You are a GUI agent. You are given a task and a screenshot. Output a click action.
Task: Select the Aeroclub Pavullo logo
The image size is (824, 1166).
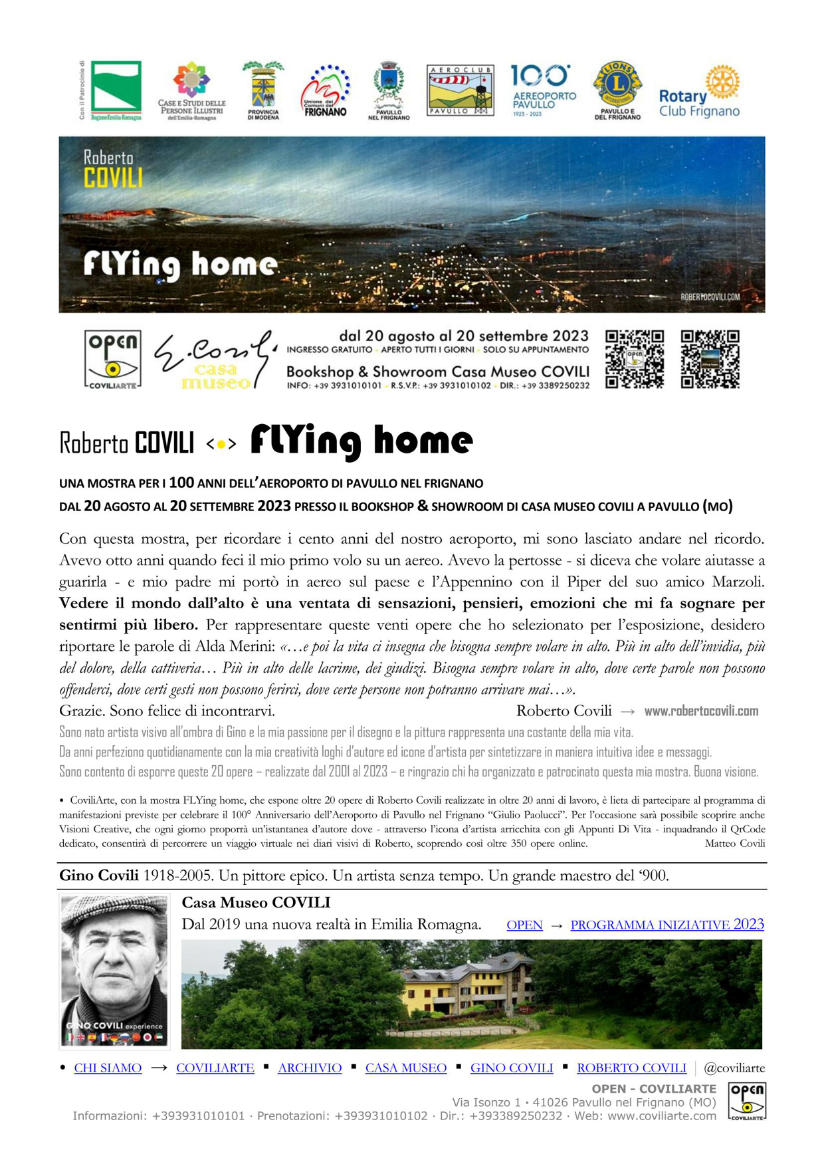point(461,90)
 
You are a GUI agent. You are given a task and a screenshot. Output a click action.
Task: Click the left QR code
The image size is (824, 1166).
point(635,359)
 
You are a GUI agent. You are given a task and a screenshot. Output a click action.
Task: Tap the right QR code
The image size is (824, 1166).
point(710,359)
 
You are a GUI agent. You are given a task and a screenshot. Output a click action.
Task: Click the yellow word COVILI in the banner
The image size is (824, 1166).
point(113,178)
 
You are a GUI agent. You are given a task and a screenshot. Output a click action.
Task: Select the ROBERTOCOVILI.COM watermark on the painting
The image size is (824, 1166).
point(710,297)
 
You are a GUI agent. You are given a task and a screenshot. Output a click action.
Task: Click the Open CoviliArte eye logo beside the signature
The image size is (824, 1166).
point(113,359)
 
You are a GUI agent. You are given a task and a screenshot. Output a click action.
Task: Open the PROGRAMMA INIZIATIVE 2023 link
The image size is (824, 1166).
point(667,925)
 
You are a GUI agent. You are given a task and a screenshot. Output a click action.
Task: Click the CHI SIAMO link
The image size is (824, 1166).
point(108,1068)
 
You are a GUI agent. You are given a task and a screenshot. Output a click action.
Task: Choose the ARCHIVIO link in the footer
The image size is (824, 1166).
point(310,1068)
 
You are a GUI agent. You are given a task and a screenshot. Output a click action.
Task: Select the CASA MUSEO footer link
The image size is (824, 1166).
point(406,1068)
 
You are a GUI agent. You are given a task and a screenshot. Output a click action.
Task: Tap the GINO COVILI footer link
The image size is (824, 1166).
point(512,1068)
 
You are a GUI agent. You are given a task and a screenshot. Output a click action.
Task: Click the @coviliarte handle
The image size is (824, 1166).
point(734,1068)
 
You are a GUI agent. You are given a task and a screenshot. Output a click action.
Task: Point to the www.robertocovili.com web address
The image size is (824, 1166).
point(701,711)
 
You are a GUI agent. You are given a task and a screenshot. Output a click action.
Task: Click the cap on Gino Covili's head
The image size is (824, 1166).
point(113,911)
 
